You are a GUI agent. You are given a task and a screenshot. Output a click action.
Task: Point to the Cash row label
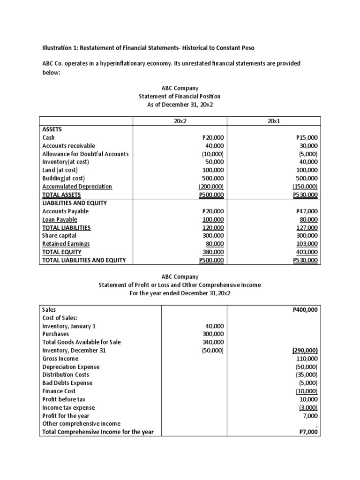tap(49, 137)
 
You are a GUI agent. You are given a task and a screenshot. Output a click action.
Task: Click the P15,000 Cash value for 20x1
tap(307, 137)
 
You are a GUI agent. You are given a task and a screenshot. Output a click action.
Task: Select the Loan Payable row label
tap(60, 219)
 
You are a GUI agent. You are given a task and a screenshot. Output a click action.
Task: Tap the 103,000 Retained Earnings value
tap(308, 244)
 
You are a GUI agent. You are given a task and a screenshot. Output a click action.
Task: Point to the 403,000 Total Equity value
tap(308, 252)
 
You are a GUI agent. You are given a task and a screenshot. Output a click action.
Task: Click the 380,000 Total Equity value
tap(214, 252)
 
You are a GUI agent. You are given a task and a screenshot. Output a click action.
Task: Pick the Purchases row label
tap(55, 334)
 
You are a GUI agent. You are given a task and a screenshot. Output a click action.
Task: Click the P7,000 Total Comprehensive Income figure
tap(308, 432)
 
